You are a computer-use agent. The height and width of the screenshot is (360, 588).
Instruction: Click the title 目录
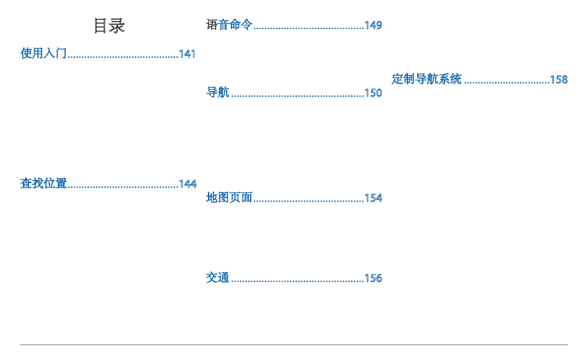[x=109, y=25]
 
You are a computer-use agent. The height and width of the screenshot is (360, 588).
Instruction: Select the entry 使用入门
[x=43, y=54]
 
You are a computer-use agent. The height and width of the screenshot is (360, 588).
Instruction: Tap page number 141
[x=188, y=54]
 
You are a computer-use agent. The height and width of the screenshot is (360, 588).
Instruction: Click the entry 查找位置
[x=43, y=184]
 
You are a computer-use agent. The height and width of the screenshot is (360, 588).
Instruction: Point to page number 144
[x=188, y=184]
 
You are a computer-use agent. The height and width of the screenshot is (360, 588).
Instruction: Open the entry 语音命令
[x=229, y=25]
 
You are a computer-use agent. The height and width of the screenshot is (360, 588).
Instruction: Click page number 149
[x=373, y=25]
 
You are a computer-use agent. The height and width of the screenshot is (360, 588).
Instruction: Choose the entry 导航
[x=217, y=93]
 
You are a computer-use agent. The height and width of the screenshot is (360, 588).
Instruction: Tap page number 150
[x=373, y=93]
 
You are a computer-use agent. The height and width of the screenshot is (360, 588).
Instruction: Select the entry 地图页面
[x=229, y=198]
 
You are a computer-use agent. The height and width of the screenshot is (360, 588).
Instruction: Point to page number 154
[x=373, y=198]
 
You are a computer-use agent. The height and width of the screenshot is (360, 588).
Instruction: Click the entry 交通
[x=217, y=278]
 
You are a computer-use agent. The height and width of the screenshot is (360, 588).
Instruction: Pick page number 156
[x=373, y=278]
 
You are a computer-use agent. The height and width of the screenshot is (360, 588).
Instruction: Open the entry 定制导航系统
[x=426, y=79]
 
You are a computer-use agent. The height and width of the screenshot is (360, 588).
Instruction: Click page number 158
[x=559, y=79]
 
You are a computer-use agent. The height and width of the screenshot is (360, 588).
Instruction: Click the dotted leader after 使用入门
[x=123, y=56]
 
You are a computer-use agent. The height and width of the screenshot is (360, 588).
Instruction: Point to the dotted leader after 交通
[x=297, y=280]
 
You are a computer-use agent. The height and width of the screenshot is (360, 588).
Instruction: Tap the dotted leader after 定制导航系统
[x=506, y=81]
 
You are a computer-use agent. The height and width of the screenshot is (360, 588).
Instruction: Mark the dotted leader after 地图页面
[x=308, y=200]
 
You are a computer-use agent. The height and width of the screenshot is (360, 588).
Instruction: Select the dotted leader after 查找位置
[x=123, y=186]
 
